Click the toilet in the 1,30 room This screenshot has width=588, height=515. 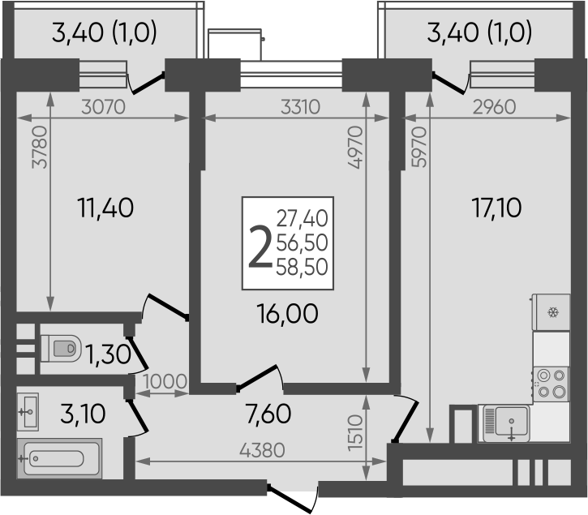pos(61,349)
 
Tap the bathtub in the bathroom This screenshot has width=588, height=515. pos(59,458)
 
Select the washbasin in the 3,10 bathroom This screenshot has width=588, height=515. pos(28,412)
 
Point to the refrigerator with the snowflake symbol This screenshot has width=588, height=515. pos(551,312)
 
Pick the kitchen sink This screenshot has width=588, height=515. pos(507,423)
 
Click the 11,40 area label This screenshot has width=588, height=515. pos(105,208)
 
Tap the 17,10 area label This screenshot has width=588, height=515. pos(496,208)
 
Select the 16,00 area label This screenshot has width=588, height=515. pos(287,314)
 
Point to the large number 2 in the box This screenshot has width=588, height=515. pos(260,247)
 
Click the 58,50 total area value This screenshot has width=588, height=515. pos(302,267)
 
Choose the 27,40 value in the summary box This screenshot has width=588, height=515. pos(302,219)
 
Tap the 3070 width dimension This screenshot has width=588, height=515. pos(103,107)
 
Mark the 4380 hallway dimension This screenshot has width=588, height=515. pos(262,450)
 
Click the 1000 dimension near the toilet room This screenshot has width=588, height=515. pos(165,381)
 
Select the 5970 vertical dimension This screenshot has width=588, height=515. pos(419,147)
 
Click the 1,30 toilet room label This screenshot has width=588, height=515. pos(109,354)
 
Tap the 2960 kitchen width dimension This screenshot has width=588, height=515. pos(494,107)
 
